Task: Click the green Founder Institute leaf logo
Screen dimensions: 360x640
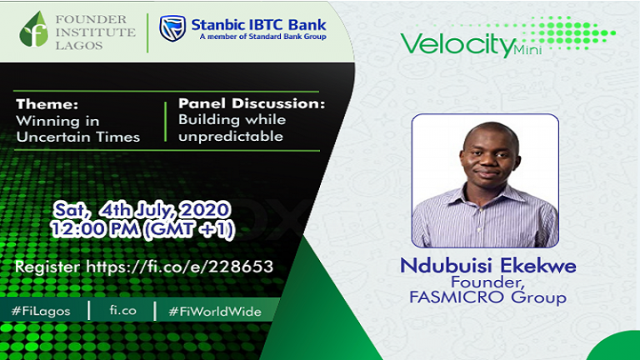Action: [x=33, y=30]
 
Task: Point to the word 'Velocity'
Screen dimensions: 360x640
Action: [x=455, y=42]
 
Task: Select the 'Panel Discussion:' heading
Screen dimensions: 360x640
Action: [x=251, y=105]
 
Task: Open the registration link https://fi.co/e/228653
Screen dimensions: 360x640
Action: [x=143, y=267]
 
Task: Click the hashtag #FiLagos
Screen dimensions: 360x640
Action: [x=42, y=311]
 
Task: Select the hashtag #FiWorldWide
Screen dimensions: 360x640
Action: [x=214, y=311]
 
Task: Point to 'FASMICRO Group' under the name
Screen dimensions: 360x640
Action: [x=487, y=297]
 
